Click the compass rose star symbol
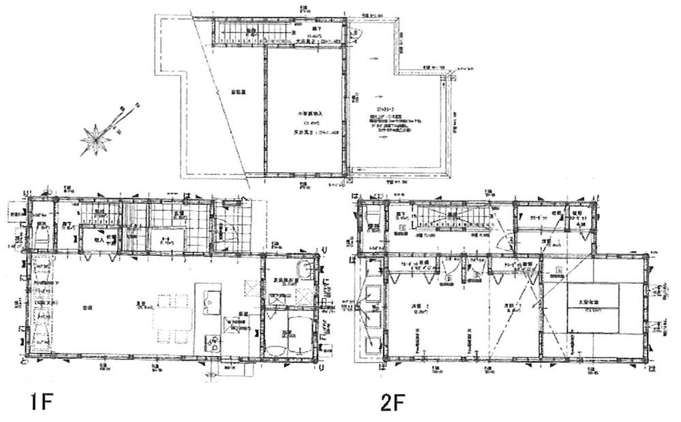[x=95, y=140]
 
